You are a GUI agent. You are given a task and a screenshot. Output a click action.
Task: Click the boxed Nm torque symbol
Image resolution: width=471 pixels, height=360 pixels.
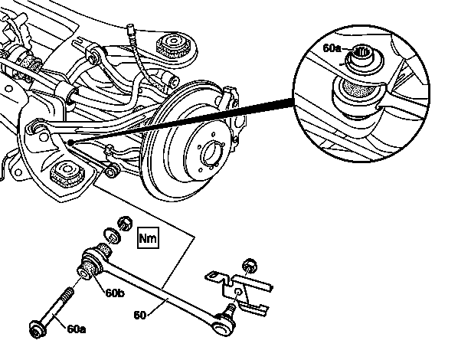pyautogui.click(x=148, y=238)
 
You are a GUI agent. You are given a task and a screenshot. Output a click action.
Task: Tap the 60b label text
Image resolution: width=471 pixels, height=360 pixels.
pyautogui.click(x=114, y=293)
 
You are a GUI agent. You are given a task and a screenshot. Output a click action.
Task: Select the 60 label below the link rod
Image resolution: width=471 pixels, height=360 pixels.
pyautogui.click(x=139, y=315)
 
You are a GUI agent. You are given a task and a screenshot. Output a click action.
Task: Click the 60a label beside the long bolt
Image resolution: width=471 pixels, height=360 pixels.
pyautogui.click(x=77, y=329)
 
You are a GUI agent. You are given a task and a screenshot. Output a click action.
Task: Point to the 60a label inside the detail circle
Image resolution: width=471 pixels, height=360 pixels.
pyautogui.click(x=332, y=47)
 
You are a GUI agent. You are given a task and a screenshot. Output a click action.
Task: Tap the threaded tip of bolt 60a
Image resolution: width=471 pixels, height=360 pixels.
pyautogui.click(x=68, y=291)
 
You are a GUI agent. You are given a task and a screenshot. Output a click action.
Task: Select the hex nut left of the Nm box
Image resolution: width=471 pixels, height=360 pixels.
pyautogui.click(x=125, y=223)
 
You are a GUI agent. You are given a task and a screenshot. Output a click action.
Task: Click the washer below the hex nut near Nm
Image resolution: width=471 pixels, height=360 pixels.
pyautogui.click(x=112, y=236)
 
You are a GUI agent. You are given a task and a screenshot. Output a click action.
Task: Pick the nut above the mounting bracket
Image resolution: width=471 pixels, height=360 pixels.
pyautogui.click(x=250, y=265)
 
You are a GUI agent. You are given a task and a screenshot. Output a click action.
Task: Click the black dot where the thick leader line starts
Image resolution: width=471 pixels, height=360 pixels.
pyautogui.click(x=70, y=142)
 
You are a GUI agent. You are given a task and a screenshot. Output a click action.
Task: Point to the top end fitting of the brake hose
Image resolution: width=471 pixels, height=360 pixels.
pyautogui.click(x=131, y=30)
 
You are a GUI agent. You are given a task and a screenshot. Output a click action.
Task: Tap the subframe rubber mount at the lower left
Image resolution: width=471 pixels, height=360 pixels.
pyautogui.click(x=67, y=172)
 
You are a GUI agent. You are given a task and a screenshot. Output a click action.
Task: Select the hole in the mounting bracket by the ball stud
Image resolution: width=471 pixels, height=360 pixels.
pyautogui.click(x=238, y=292)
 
